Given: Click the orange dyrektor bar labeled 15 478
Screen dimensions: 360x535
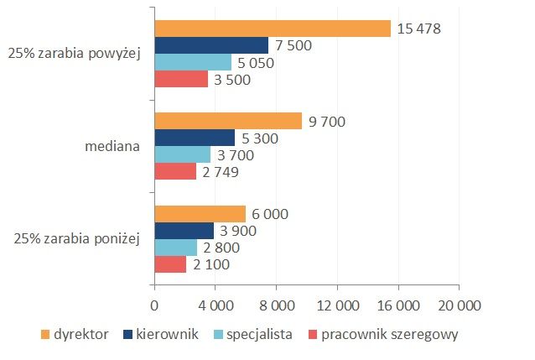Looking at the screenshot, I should click(273, 29).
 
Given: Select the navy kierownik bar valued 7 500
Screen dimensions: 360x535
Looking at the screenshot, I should click(211, 45).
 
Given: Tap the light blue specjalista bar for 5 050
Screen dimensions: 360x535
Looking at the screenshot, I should click(193, 63).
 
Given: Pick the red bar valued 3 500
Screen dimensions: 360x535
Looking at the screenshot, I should click(181, 80).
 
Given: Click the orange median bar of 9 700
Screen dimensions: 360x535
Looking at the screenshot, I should click(228, 122).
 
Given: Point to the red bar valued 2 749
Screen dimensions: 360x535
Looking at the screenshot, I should click(175, 172).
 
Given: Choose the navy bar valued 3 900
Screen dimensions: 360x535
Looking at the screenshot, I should click(184, 231).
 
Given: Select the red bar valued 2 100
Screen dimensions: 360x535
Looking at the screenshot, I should click(170, 264).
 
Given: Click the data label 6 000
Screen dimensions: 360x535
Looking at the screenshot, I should click(269, 214).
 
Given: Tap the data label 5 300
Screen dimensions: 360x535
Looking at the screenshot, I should click(259, 138).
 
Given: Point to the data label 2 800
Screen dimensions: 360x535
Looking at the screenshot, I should click(222, 248).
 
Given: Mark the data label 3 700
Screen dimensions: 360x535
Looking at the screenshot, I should click(236, 155).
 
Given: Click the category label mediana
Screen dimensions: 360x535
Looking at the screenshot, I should click(112, 146).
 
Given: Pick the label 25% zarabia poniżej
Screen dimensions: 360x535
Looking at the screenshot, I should click(77, 239).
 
